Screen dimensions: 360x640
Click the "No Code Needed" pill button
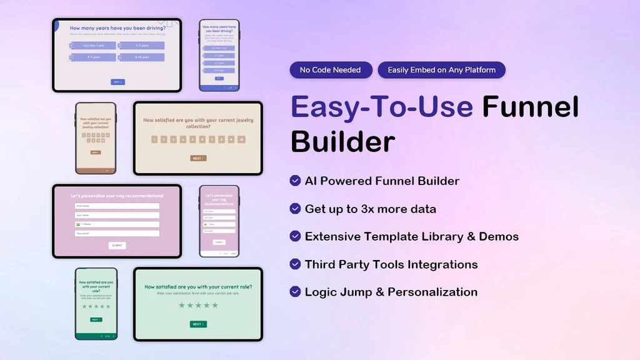coord(331,70)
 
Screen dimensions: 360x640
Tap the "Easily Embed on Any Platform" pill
coord(441,70)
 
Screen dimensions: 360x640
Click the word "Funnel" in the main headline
coord(530,106)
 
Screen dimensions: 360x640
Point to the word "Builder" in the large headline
coord(342,141)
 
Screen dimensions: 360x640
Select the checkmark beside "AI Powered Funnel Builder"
coord(295,181)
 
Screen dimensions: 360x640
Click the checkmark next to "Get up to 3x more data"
coord(295,209)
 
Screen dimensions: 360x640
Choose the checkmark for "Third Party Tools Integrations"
coord(295,264)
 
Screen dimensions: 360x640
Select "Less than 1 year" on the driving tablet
coord(92,46)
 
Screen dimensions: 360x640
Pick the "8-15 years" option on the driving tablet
coord(141,57)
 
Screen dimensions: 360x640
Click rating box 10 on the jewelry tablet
coord(241,139)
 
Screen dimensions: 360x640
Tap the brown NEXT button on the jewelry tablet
coord(198,158)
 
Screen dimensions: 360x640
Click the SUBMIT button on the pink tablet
coord(117,246)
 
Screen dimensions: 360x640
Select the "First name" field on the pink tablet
coord(117,206)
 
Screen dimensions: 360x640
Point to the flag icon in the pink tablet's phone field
coord(77,224)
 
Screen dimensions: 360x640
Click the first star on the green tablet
coord(181,306)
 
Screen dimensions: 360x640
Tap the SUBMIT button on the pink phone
coord(219,242)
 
